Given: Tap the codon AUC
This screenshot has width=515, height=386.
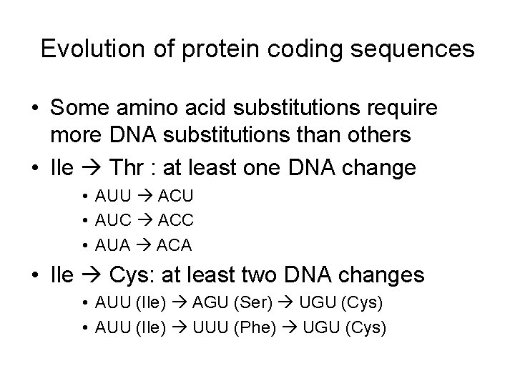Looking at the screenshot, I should point(112,221).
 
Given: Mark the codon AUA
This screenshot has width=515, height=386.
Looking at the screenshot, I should point(112,245).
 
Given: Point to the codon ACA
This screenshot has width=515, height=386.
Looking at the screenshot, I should point(172,245).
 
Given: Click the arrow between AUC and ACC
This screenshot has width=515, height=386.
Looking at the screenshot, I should point(142,221).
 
